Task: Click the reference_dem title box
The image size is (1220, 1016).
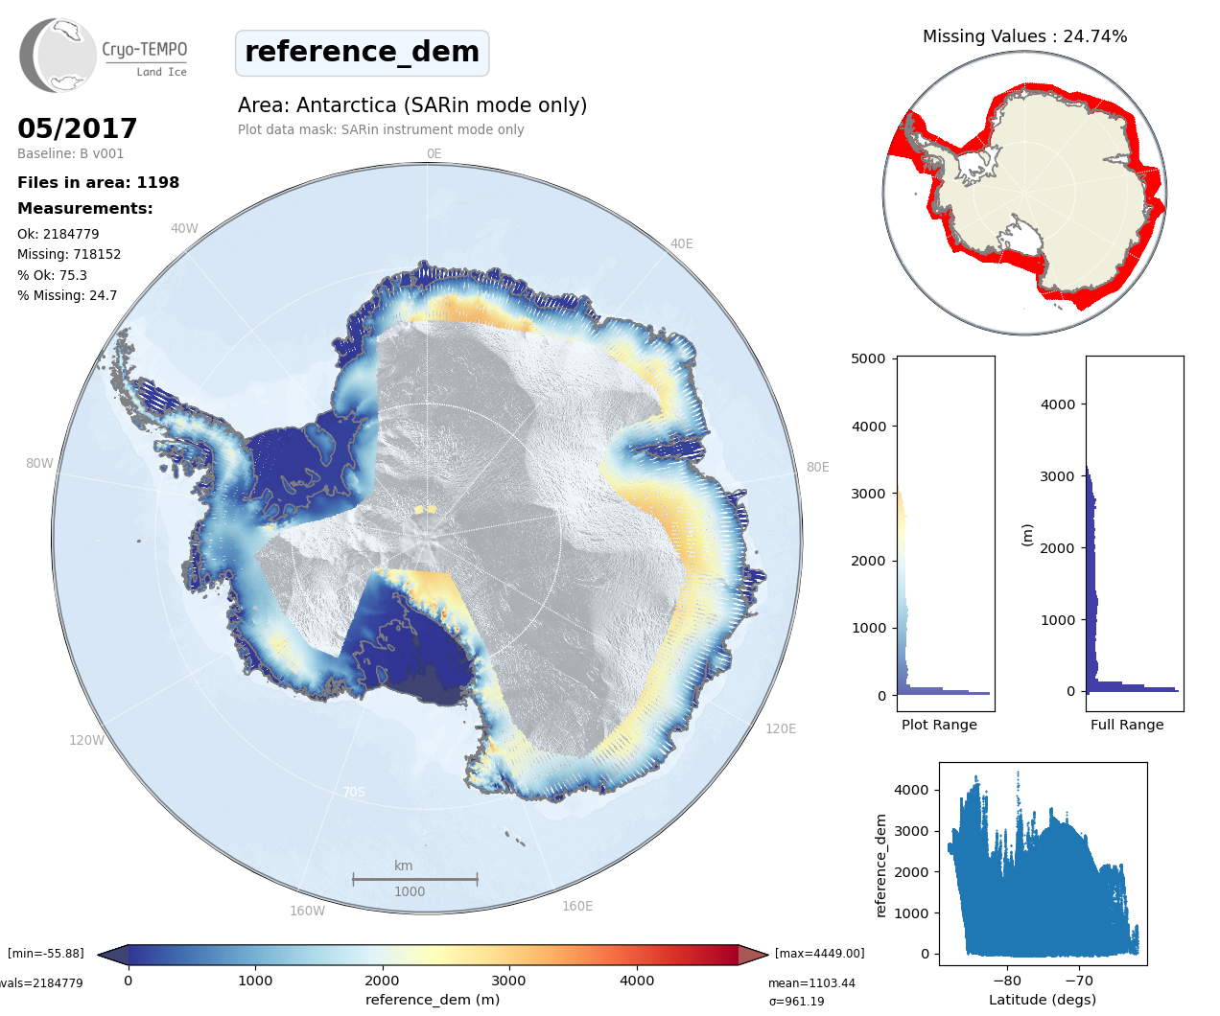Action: tap(362, 53)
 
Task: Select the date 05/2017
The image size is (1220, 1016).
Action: tap(78, 128)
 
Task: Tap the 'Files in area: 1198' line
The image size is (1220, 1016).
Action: tap(98, 183)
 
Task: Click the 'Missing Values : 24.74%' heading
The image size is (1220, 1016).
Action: tap(1024, 36)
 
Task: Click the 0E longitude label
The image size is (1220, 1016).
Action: tap(434, 154)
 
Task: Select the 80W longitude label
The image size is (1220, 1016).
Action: tap(39, 464)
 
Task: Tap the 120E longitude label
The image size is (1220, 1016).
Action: tap(781, 729)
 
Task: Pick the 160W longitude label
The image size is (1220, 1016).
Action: tap(307, 912)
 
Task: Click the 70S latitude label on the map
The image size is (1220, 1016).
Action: tap(354, 793)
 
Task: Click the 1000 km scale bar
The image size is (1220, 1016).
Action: tap(414, 879)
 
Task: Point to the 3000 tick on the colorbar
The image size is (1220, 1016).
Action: tap(508, 981)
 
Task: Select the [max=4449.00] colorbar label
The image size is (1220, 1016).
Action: tap(819, 954)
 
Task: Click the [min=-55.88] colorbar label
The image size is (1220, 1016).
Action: tap(46, 954)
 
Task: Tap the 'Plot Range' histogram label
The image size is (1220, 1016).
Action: tap(939, 726)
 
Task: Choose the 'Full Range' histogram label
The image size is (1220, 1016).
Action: tap(1127, 726)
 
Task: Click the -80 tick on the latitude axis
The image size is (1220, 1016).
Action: tap(1007, 981)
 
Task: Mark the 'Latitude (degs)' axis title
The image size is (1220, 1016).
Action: tap(1043, 1000)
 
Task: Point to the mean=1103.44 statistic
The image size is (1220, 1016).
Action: tap(811, 983)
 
